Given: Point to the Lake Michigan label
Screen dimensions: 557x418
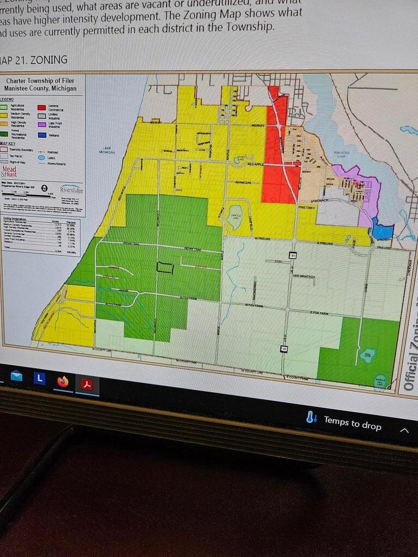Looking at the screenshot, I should point(107,151).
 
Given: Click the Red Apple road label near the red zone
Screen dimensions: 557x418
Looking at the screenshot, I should point(256,164).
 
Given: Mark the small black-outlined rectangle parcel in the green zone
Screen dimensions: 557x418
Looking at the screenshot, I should point(165,267).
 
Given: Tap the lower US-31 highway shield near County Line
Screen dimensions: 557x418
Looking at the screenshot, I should point(284,348).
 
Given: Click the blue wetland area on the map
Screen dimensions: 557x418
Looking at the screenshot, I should point(383,231).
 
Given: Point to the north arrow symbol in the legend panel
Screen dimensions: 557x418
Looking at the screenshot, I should point(44,188).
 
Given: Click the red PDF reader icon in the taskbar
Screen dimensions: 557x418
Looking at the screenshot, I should point(87,385).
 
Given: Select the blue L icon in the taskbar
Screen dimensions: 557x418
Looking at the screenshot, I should point(39,378).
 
